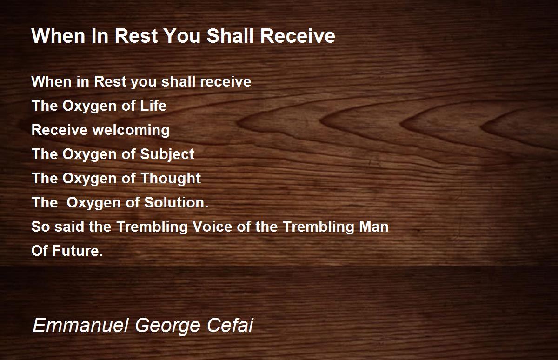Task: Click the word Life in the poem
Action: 153,106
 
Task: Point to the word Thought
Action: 171,179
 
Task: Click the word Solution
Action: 176,202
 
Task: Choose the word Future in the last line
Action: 78,251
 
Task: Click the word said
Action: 69,227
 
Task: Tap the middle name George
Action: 168,326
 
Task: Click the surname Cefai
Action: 230,325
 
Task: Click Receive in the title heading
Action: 298,36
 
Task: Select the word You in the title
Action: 182,36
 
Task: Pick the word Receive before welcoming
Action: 60,130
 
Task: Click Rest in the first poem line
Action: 110,81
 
